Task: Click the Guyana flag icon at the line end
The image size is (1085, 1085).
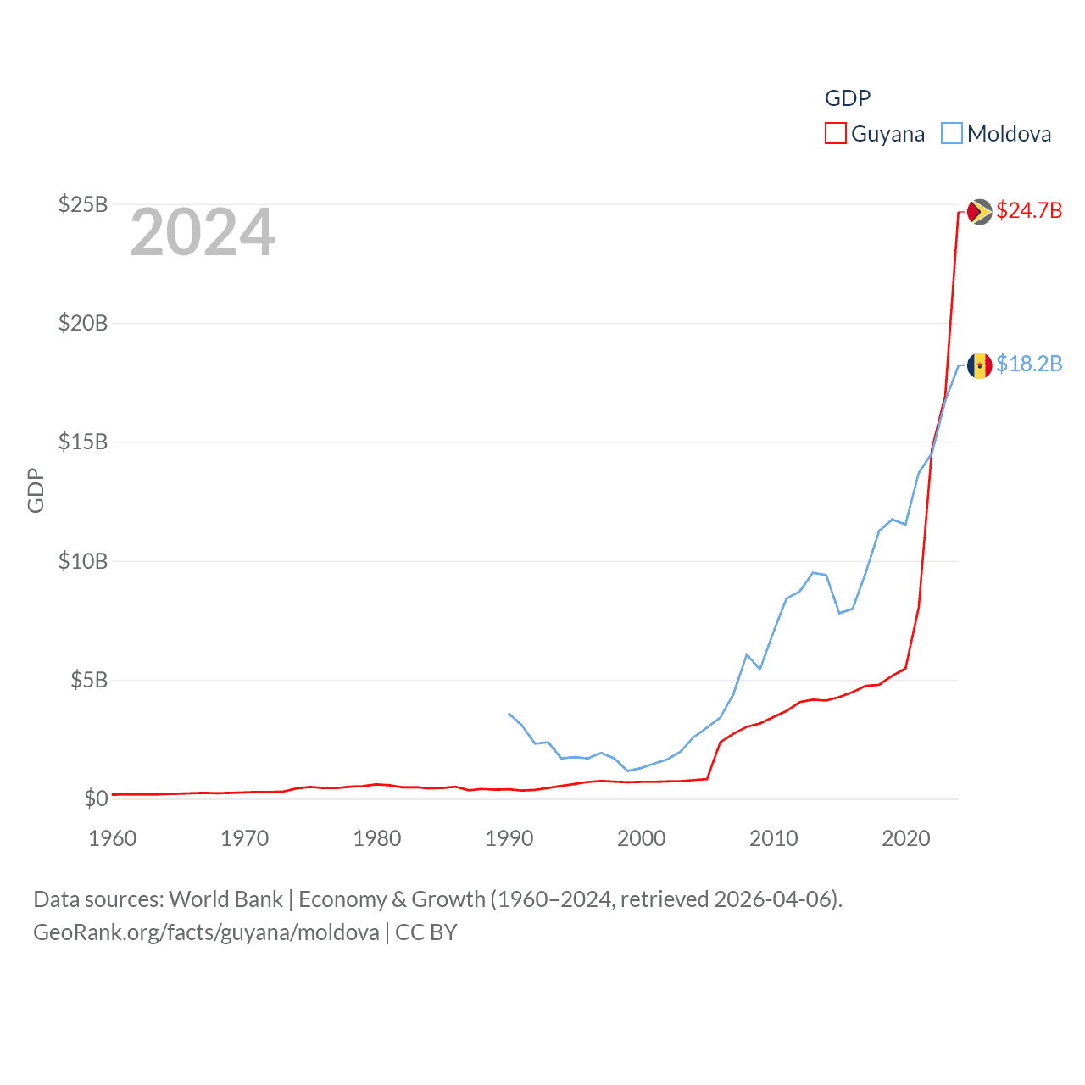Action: [979, 212]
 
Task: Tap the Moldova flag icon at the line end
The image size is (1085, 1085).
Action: [979, 365]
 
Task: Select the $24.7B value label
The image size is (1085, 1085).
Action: [1029, 210]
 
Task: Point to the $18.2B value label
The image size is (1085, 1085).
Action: [1029, 364]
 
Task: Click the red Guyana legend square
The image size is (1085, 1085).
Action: [836, 134]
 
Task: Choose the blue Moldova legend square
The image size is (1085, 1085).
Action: [952, 134]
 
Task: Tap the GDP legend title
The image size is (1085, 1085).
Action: [848, 98]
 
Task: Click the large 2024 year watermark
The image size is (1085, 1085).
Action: [203, 232]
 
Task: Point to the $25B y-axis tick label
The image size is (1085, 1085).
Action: [83, 204]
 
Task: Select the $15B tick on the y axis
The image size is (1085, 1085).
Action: [83, 442]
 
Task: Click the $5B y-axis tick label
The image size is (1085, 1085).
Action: [89, 680]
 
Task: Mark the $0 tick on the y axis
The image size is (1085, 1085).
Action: [96, 798]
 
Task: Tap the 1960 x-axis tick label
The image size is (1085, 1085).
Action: [113, 838]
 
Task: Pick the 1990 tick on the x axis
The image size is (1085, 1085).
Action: [509, 838]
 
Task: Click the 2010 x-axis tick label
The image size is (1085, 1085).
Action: [774, 838]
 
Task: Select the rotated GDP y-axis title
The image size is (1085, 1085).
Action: [36, 490]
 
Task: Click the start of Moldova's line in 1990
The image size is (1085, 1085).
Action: [509, 714]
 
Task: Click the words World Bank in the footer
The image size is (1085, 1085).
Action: [225, 899]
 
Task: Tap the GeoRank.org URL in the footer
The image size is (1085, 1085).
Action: [206, 932]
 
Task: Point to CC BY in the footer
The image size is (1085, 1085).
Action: [426, 932]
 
